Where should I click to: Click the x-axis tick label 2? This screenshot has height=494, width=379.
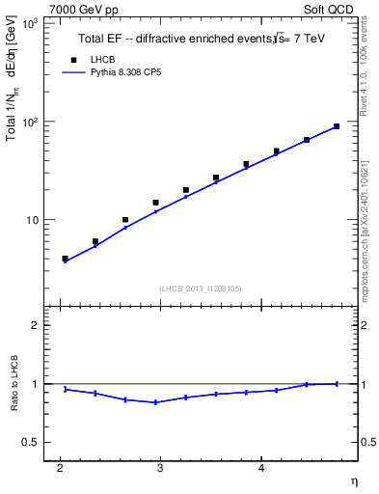[60, 468]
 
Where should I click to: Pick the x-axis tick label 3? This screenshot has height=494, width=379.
[160, 468]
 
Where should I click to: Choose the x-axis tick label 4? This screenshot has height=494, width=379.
[261, 468]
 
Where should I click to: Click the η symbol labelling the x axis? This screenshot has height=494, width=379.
[352, 480]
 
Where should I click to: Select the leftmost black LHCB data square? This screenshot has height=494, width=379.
[65, 259]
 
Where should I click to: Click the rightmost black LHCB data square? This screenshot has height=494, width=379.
[337, 126]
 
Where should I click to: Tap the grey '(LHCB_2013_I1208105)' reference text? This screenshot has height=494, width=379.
[202, 288]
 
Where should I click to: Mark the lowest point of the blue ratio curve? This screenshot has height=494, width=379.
[155, 402]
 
